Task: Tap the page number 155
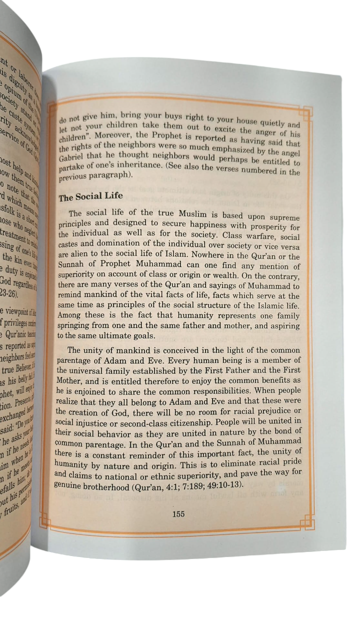pyautogui.click(x=178, y=513)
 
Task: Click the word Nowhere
pyautogui.click(x=190, y=257)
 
